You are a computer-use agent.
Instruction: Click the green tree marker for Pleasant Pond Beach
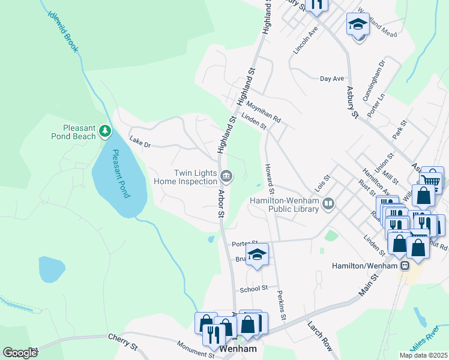[105, 130]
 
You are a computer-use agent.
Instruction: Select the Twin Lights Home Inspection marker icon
[226, 176]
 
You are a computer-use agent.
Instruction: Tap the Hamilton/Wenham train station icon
[405, 265]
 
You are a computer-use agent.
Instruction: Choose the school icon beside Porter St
[257, 254]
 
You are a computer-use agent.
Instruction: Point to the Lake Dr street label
[139, 145]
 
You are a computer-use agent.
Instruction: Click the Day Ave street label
[332, 79]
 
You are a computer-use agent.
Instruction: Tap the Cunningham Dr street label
[380, 72]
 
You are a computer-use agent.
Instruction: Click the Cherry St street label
[122, 341]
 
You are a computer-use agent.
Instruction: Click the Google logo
[20, 353]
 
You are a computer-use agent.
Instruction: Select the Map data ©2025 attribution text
[423, 355]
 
